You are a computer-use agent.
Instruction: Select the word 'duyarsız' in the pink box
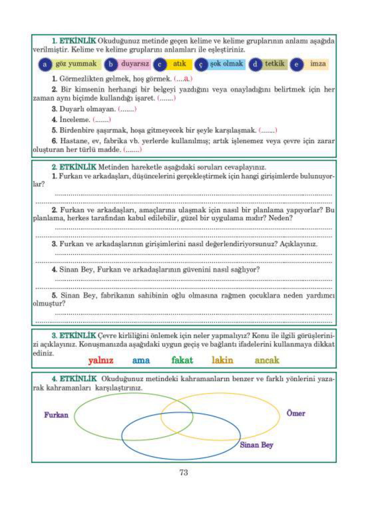coord(134,64)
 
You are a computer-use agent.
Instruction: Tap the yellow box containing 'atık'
coord(179,64)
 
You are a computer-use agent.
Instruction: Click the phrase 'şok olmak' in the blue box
coord(226,64)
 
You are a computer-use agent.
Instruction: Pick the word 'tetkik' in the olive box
coord(275,64)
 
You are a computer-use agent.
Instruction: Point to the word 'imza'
coord(318,64)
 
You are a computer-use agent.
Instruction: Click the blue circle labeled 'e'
coord(296,64)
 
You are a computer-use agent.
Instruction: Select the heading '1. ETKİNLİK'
coord(74,41)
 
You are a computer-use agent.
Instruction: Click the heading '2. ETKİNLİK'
coord(74,167)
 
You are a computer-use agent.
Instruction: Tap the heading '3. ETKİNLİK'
coord(74,336)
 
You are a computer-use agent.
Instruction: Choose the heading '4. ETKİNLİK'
coord(74,379)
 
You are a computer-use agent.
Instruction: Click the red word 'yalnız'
coord(101,361)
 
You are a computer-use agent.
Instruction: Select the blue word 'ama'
coord(141,361)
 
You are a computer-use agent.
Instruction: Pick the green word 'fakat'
coord(182,360)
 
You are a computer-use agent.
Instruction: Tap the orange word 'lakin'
coord(222,360)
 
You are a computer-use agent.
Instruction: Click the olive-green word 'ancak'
coord(267,360)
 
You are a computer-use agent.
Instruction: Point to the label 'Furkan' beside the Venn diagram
coord(56,415)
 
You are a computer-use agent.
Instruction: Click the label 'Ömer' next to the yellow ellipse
coord(295,413)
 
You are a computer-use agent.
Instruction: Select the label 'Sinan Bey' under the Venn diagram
coord(256,445)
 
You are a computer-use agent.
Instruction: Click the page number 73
coord(184,473)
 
